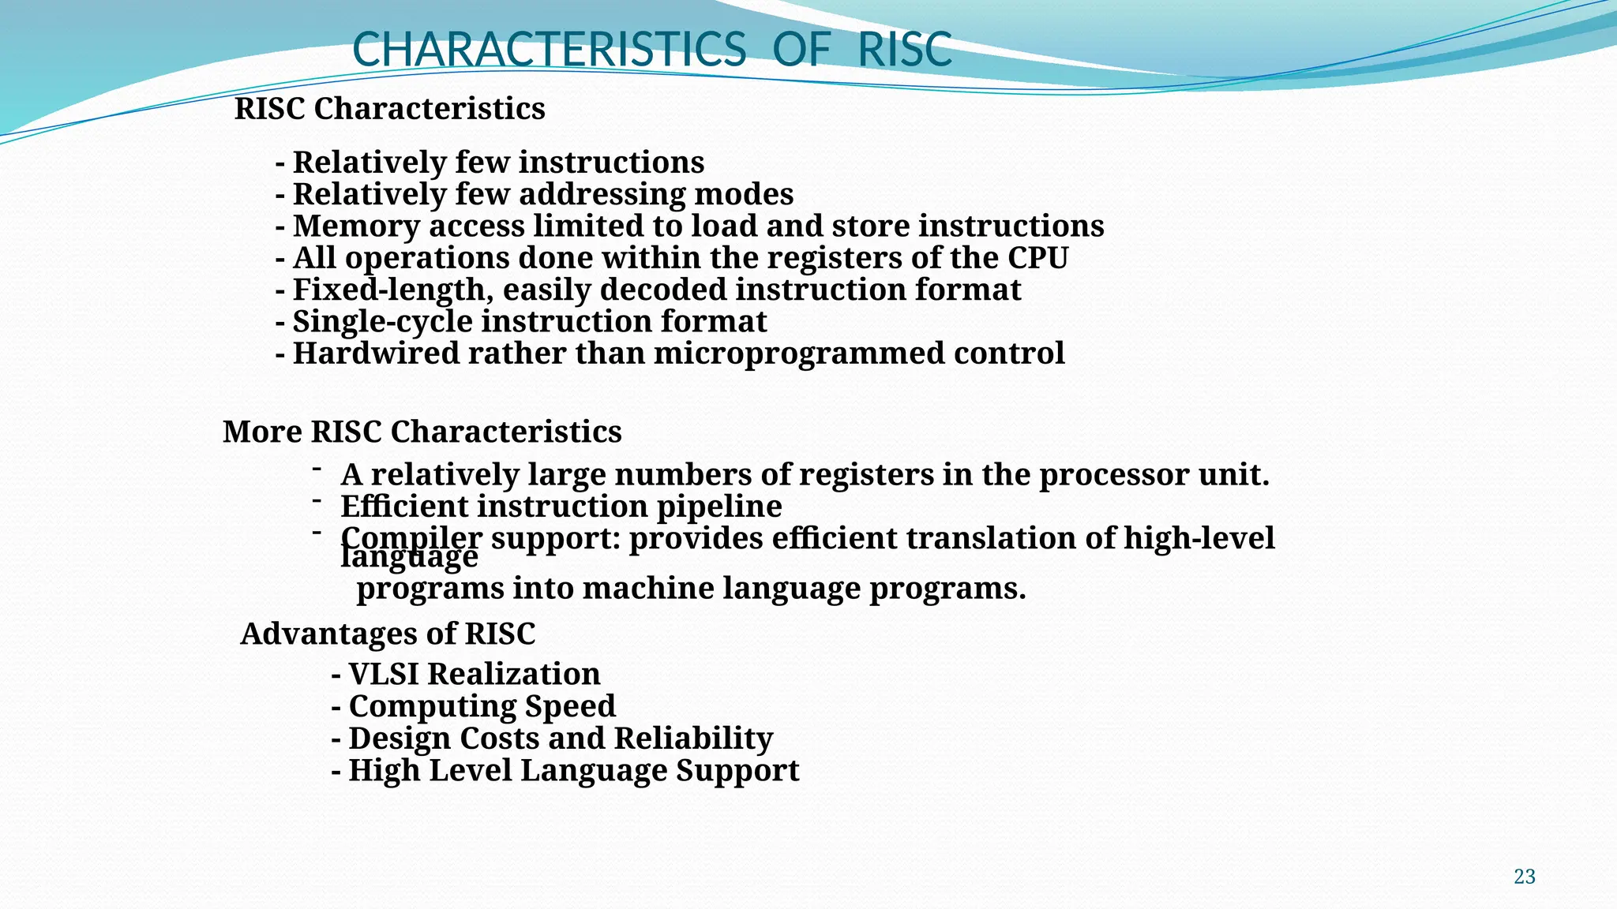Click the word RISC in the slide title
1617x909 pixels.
(905, 49)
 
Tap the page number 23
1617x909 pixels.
(1525, 877)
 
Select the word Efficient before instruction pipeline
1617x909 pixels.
(403, 507)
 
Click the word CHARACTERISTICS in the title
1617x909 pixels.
(549, 49)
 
